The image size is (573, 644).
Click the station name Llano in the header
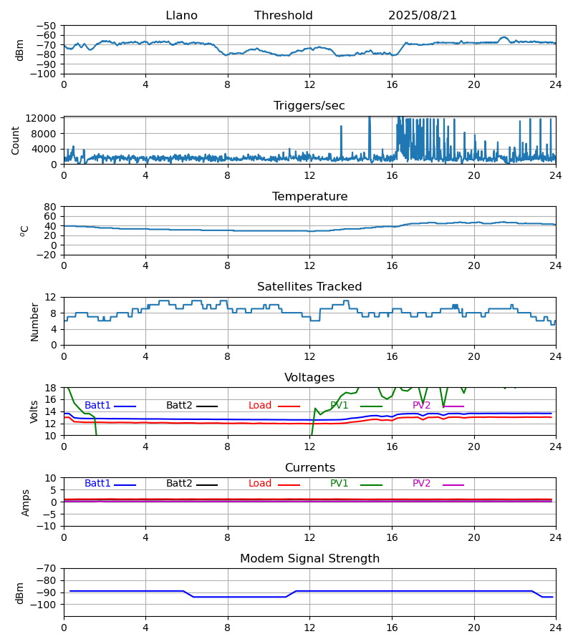tap(181, 16)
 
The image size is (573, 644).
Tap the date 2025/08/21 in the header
tap(423, 16)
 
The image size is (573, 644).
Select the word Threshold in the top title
tap(283, 16)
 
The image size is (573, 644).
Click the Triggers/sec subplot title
tap(309, 106)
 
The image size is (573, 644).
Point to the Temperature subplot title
tap(309, 197)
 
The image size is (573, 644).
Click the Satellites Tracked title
tap(309, 287)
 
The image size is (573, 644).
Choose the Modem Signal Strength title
tap(309, 559)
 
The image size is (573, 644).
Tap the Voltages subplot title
tap(309, 378)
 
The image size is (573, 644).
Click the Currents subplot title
tap(309, 468)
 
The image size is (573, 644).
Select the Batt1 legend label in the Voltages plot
tap(98, 406)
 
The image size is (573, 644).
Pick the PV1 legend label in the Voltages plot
tap(340, 406)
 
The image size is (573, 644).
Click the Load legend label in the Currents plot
tap(260, 484)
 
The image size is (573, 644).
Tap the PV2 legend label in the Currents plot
tap(422, 484)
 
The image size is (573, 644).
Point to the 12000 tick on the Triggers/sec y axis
tap(44, 118)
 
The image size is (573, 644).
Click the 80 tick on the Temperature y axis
tap(51, 207)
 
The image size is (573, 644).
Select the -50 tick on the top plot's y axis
tap(47, 26)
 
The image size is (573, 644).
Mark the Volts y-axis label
tap(34, 411)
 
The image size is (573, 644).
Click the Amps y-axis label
tap(27, 502)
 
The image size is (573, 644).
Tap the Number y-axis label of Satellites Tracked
tap(34, 321)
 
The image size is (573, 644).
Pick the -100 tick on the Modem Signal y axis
tap(44, 605)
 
